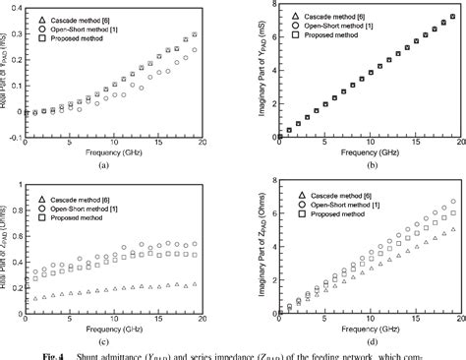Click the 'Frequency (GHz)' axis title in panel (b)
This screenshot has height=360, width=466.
[x=359, y=155]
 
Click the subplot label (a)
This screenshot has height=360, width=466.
[x=117, y=167]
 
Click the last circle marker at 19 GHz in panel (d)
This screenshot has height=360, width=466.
[x=452, y=202]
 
